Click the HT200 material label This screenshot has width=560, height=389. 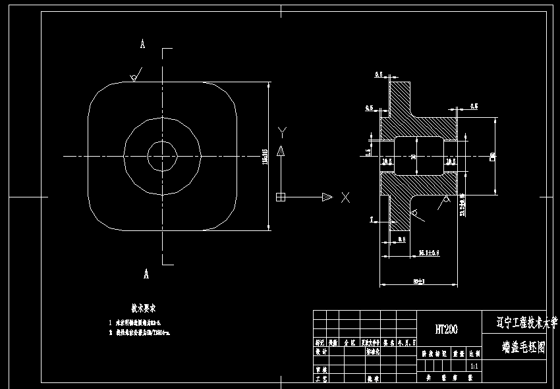pos(446,329)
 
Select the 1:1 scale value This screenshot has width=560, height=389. pos(474,365)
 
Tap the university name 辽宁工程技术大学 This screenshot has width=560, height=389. pos(521,323)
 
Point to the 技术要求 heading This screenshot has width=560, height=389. pos(143,308)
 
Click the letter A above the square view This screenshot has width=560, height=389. pos(142,44)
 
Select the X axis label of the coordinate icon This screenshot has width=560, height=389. pos(345,197)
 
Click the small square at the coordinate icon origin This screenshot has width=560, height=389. pos(281,197)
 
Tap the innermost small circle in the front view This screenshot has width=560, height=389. pos(162,156)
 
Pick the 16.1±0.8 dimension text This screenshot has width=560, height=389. pos(429,252)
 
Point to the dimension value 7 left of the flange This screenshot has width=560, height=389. pos(372,219)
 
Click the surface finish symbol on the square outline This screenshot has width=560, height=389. pos(134,78)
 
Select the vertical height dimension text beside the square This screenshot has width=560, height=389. pos(265,157)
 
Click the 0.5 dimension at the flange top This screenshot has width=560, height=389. pos(379,76)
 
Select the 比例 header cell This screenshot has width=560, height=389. pos(474,353)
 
